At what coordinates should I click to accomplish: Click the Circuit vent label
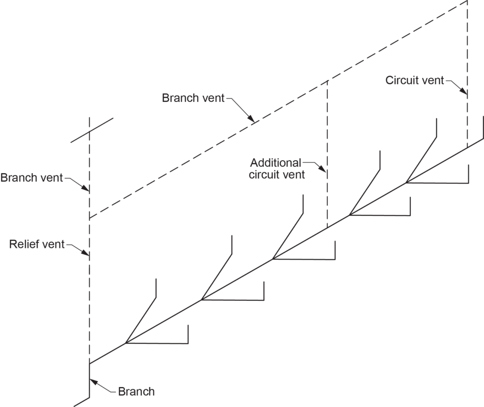[x=415, y=80]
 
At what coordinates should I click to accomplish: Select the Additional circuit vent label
[x=277, y=169]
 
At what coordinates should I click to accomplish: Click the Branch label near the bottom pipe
[x=136, y=391]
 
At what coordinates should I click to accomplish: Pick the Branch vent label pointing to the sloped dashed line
[x=193, y=98]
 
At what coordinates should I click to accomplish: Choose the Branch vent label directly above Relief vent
[x=32, y=178]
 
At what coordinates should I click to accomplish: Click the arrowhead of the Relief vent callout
[x=88, y=256]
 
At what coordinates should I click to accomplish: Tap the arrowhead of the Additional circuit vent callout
[x=326, y=172]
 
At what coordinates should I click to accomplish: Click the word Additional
[x=276, y=163]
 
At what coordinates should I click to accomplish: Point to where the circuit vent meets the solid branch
[x=467, y=148]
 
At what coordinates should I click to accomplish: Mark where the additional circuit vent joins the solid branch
[x=327, y=228]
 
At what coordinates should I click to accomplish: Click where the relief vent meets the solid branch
[x=89, y=364]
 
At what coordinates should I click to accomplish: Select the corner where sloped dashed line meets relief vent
[x=89, y=219]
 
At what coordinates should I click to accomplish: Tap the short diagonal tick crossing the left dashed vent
[x=92, y=130]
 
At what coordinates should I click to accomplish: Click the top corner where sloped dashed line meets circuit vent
[x=467, y=1]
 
